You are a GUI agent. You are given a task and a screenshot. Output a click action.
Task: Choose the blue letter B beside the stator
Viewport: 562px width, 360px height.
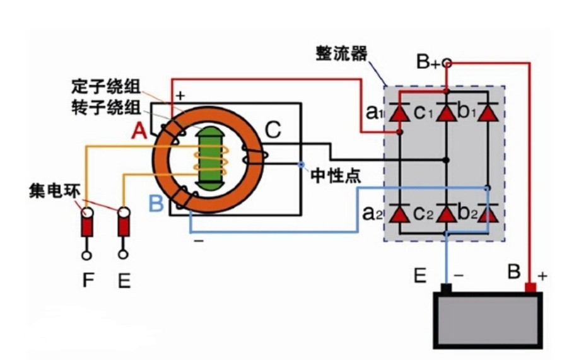pyautogui.click(x=156, y=204)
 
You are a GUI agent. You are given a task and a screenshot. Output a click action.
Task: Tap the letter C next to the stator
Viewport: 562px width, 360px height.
pyautogui.click(x=272, y=130)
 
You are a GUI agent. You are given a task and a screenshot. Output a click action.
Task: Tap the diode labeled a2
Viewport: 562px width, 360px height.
pyautogui.click(x=399, y=214)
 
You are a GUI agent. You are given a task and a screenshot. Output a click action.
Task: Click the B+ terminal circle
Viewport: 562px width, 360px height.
pyautogui.click(x=447, y=63)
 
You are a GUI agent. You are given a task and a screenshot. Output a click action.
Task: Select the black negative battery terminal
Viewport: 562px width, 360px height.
pyautogui.click(x=446, y=289)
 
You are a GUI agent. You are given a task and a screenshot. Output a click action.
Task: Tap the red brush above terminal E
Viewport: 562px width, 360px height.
pyautogui.click(x=124, y=224)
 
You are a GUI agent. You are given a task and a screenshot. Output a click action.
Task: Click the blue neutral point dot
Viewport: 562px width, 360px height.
pyautogui.click(x=302, y=165)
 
